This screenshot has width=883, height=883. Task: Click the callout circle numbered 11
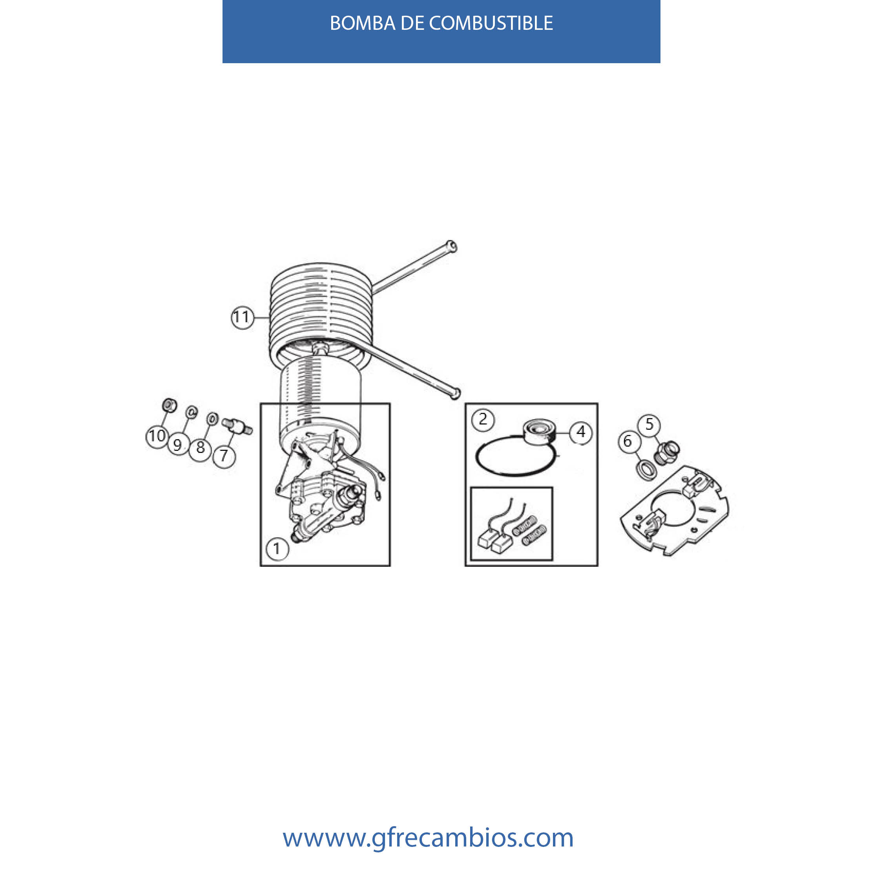click(242, 317)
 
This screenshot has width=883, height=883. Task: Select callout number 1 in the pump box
click(277, 549)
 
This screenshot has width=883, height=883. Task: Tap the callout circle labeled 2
click(483, 420)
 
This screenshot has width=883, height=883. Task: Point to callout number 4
click(581, 432)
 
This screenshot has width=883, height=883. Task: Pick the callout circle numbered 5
click(649, 425)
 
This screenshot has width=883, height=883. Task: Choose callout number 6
click(628, 441)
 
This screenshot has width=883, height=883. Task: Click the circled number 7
click(224, 455)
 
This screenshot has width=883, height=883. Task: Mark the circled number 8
click(200, 447)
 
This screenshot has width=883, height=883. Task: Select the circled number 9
click(178, 445)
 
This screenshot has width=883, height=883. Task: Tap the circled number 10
click(157, 436)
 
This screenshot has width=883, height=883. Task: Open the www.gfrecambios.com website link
click(428, 838)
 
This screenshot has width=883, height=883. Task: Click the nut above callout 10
click(169, 405)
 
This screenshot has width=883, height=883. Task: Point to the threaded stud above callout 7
click(237, 426)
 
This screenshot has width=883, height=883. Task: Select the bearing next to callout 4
click(539, 433)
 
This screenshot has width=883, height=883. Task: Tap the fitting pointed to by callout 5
click(667, 452)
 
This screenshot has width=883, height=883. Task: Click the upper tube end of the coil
click(451, 246)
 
